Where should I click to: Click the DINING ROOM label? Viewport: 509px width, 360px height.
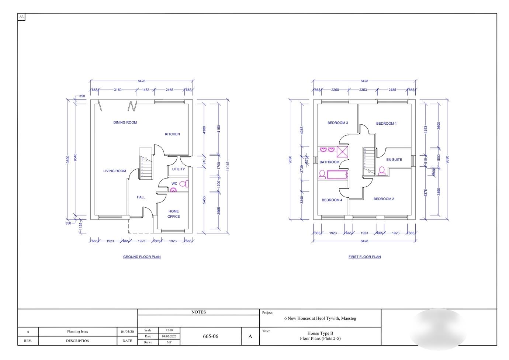[x=125, y=122]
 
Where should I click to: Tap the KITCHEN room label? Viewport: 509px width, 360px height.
[x=172, y=134]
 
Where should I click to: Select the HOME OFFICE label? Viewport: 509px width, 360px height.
[x=174, y=214]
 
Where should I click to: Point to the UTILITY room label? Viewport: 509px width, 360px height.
[x=179, y=169]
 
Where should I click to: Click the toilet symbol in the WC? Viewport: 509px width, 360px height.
[x=184, y=184]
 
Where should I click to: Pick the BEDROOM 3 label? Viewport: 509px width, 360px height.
[x=337, y=123]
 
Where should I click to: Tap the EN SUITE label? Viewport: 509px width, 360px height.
[x=394, y=160]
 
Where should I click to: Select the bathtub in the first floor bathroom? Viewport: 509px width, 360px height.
[x=337, y=175]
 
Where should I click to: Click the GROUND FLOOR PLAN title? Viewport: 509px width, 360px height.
[x=142, y=257]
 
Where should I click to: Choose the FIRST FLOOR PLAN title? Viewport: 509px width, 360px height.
[x=364, y=257]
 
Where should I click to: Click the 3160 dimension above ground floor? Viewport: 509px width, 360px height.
[x=118, y=90]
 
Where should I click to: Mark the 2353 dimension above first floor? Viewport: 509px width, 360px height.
[x=363, y=90]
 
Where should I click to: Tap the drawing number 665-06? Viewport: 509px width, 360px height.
[x=211, y=336]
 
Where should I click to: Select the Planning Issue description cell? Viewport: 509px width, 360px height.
[x=77, y=332]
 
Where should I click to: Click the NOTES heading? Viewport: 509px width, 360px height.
[x=198, y=312]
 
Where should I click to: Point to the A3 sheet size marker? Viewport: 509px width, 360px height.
[x=21, y=17]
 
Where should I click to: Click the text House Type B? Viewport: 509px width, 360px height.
[x=320, y=333]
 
